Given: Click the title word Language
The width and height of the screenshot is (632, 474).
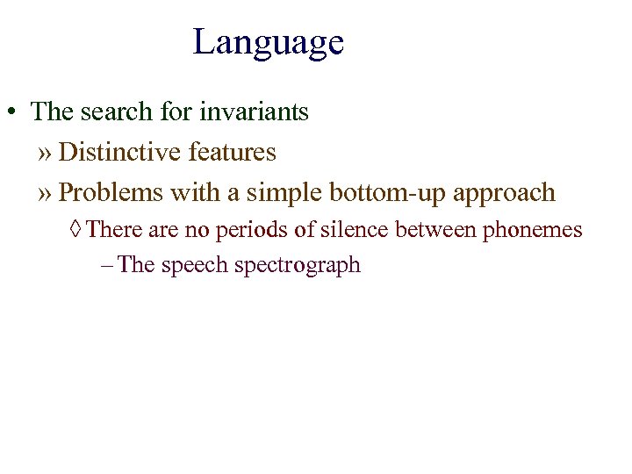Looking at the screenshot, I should (268, 42).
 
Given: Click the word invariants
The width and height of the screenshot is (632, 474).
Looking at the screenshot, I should (255, 112).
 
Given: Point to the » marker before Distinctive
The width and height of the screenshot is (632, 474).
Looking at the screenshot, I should (46, 154).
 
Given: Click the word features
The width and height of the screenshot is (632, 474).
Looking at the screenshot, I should (232, 153).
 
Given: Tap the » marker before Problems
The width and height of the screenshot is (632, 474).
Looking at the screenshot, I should (46, 194).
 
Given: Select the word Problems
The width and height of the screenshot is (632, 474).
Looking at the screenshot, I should (111, 192).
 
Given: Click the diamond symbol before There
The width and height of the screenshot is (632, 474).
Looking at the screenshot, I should (77, 231).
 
